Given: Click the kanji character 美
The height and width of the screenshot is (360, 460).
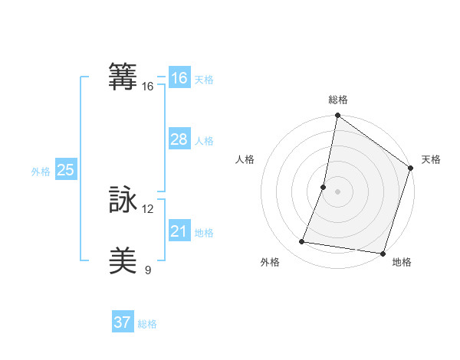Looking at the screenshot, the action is click(x=123, y=261).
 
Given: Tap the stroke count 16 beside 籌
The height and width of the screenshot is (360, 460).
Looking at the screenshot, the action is click(x=148, y=87).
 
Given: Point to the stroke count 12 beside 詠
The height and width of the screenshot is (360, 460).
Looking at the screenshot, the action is click(x=148, y=209).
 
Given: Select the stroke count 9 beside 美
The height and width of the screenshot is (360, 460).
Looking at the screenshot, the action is click(x=148, y=270).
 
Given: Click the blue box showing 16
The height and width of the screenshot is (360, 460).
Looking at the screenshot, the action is click(x=179, y=78).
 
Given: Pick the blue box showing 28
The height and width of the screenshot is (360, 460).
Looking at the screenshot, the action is click(x=179, y=139).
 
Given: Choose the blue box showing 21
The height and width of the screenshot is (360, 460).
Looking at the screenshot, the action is click(x=179, y=231).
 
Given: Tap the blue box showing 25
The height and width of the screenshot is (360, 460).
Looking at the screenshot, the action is click(x=65, y=170).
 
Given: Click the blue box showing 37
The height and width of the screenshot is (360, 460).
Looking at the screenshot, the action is click(x=122, y=322).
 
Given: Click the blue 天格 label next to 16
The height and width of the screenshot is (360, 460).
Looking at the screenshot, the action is click(x=204, y=80).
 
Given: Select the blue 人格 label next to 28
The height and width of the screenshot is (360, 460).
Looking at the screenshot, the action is click(x=204, y=141).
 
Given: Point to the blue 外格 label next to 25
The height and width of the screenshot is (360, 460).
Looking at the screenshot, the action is click(x=41, y=172).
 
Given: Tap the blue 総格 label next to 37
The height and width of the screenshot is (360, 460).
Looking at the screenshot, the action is click(x=147, y=324).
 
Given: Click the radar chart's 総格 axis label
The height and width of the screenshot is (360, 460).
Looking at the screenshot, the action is click(x=338, y=100).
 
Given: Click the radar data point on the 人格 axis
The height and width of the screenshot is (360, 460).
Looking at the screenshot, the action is click(x=324, y=187).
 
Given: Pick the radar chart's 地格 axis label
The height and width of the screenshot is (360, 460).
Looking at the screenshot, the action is click(x=402, y=262).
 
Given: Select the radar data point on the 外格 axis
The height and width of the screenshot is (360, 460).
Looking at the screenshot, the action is click(x=302, y=242).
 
